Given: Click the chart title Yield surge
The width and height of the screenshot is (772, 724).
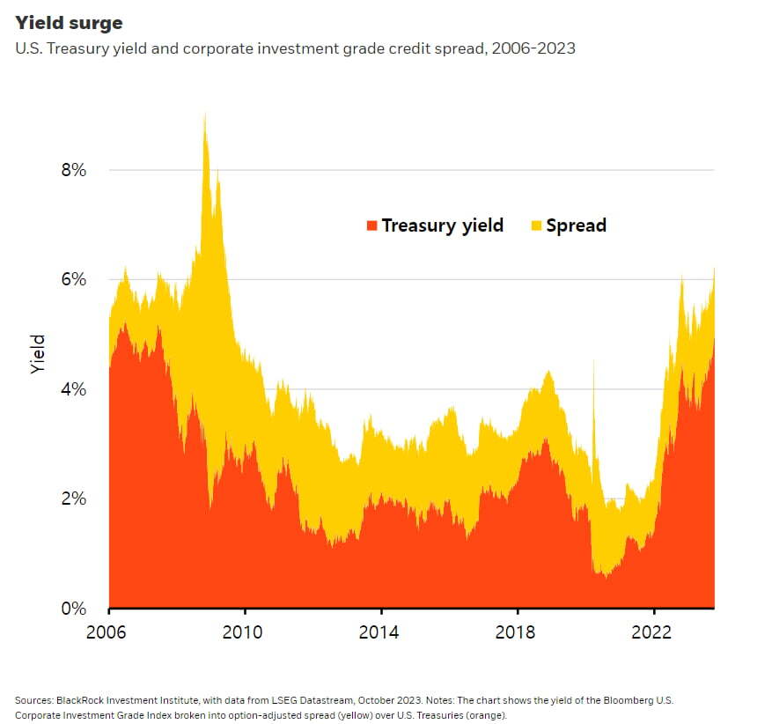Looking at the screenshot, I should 70,23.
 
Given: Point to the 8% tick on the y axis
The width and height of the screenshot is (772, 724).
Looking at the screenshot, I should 72,170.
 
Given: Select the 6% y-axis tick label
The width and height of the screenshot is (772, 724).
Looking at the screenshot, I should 72,280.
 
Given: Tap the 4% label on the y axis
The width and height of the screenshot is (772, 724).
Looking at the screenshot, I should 72,389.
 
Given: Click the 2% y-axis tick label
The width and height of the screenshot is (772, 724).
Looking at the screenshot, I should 72,499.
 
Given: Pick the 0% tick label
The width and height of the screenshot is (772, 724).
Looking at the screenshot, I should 72,609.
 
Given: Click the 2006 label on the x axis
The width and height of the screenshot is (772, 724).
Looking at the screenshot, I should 109,632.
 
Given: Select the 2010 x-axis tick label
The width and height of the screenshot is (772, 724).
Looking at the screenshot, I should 245,632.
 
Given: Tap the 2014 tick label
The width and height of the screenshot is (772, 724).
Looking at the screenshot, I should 381,632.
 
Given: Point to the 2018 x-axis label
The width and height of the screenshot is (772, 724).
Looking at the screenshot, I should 518,632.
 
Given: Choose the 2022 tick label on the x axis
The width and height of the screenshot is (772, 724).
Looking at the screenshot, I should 654,632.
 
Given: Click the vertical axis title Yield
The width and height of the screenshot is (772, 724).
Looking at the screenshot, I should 37,354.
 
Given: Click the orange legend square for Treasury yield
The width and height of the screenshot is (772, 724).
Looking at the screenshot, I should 371,225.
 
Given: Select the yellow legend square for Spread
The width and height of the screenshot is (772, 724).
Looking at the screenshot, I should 536,225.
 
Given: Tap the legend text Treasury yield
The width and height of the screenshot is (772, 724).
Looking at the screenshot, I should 442,225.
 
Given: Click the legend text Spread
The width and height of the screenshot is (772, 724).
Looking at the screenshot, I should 576,225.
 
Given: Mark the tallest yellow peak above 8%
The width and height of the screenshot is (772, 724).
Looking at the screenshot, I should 205,115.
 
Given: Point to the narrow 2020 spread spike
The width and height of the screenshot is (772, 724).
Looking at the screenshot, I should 594,366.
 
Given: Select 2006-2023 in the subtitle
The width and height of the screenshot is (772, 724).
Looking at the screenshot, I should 533,48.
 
